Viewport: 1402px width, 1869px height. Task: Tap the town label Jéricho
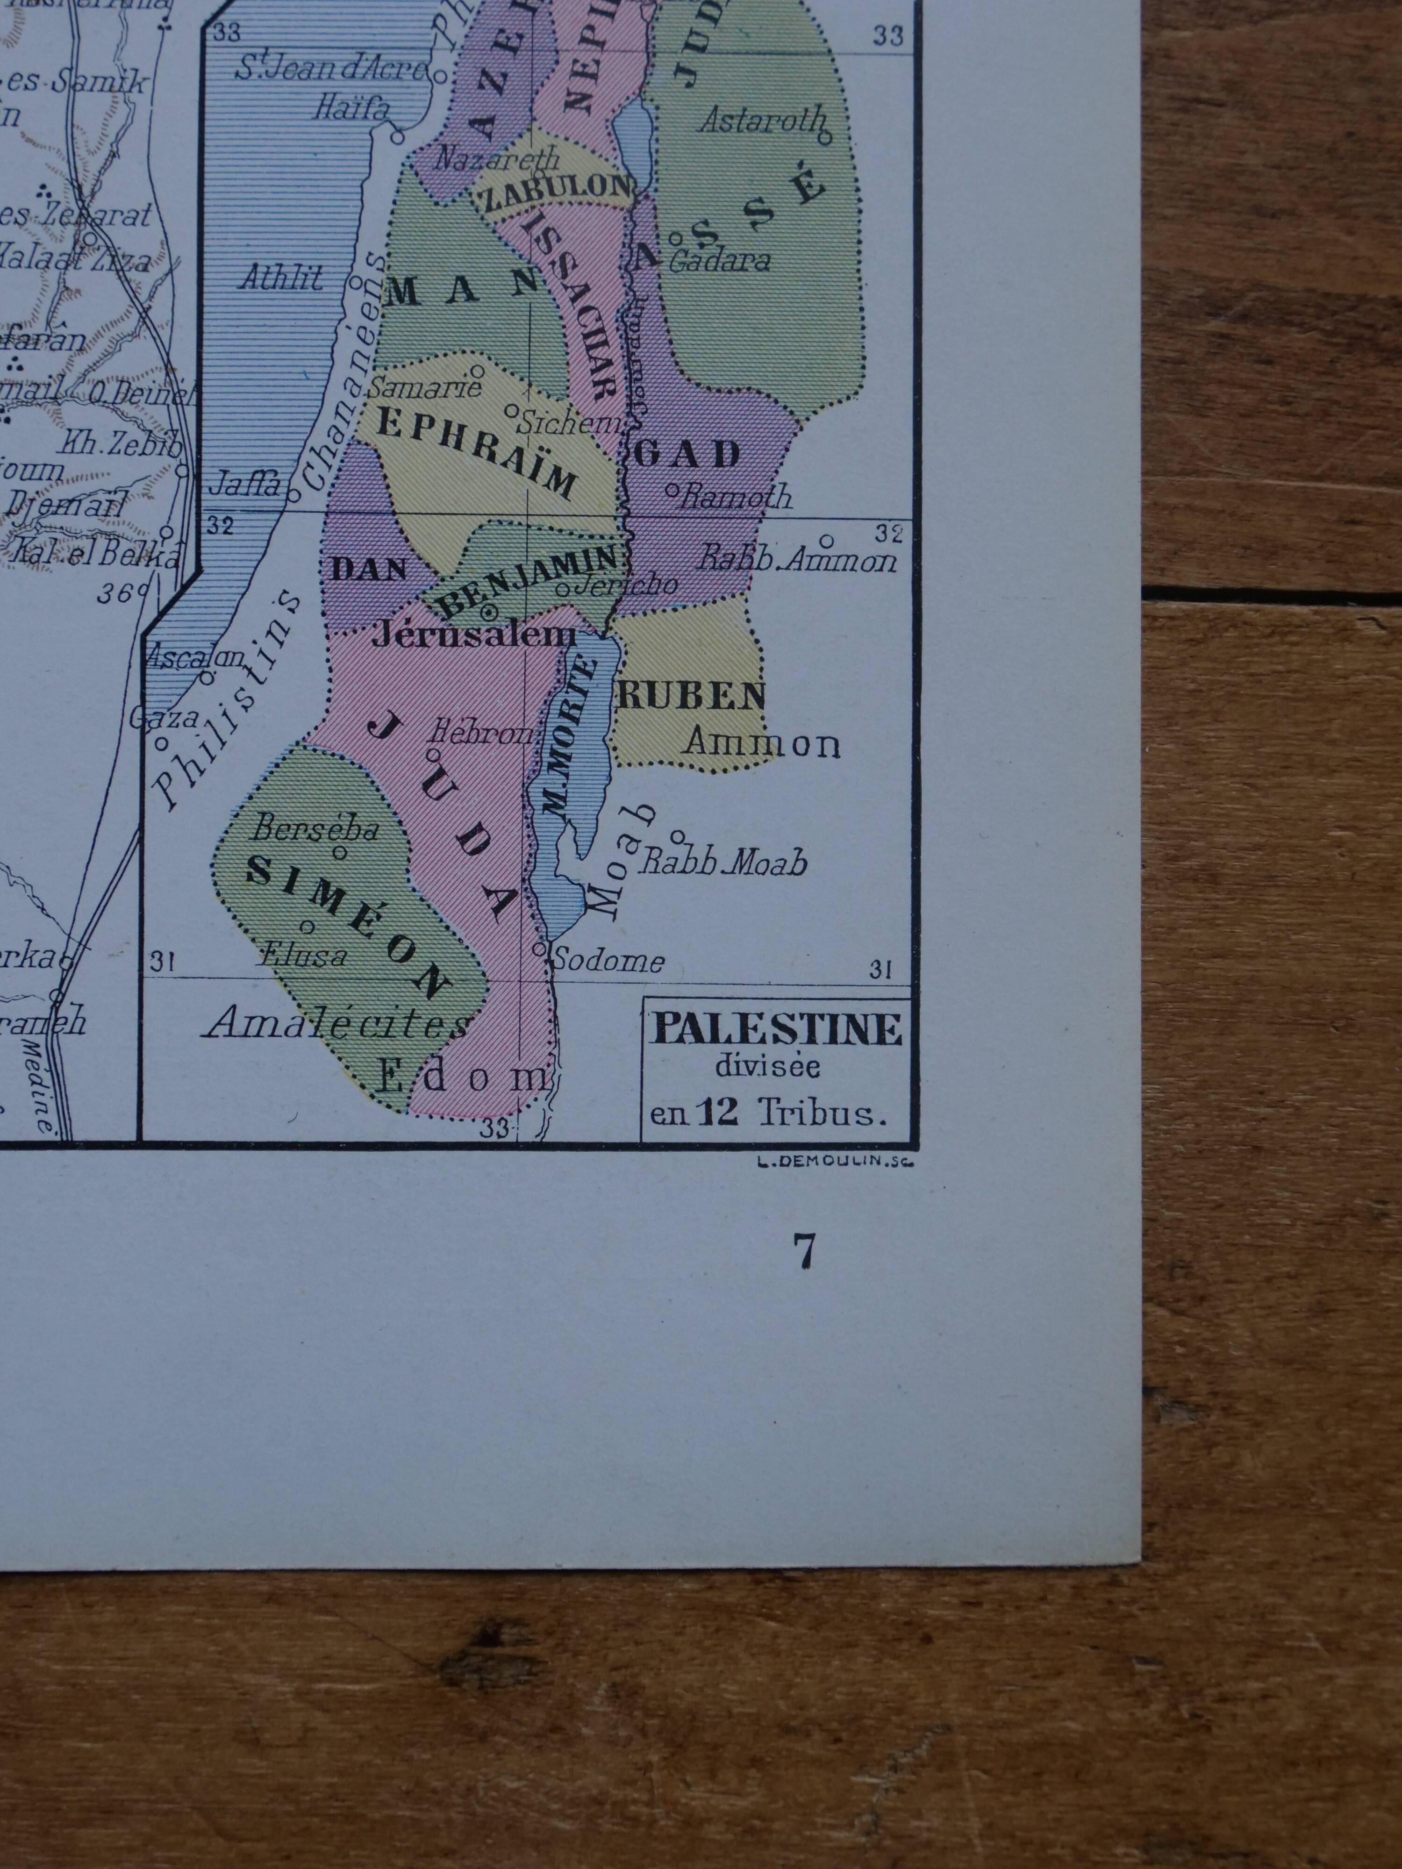(624, 585)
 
